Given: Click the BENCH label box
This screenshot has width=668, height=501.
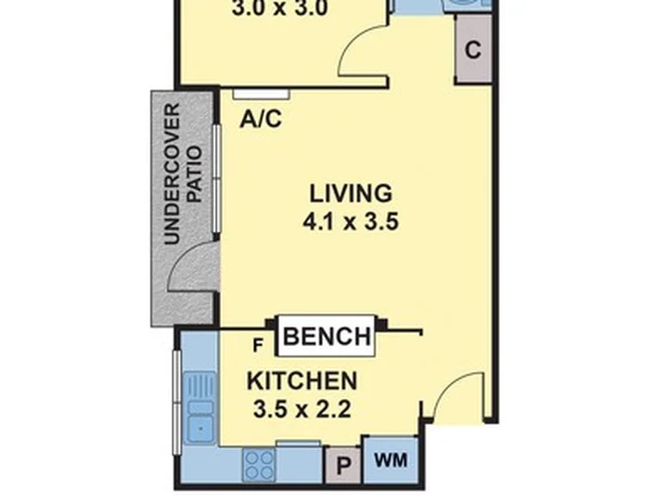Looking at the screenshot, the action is [327, 336].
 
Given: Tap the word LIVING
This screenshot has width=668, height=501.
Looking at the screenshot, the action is [351, 194].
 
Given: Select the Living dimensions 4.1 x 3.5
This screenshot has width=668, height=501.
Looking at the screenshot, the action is [351, 222].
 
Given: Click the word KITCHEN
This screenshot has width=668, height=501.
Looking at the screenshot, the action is [302, 381].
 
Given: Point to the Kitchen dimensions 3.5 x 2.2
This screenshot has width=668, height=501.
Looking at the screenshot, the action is [302, 409].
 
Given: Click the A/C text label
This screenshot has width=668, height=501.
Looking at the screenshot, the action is [261, 119].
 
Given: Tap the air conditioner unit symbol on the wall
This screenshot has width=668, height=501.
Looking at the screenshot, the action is [261, 94].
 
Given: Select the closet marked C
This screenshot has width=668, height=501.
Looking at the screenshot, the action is [473, 49].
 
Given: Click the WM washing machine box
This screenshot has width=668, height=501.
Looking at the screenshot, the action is [391, 460].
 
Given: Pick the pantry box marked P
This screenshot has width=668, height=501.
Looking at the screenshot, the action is [343, 465].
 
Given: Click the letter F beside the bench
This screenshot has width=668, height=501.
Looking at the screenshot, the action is [258, 345].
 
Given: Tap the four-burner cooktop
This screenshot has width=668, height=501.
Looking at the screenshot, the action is [258, 465].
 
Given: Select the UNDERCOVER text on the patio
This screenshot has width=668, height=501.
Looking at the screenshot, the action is [173, 173].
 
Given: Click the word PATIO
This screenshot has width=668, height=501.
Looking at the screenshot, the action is [194, 174].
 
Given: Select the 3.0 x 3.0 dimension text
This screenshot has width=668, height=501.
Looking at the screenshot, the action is [280, 8].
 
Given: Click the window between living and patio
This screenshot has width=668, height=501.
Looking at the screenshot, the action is [217, 178].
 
